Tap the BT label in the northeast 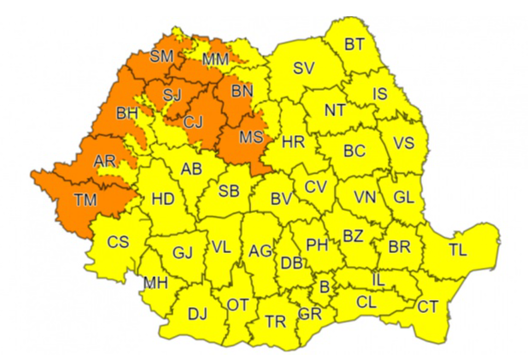point(354,45)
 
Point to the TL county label point(459,251)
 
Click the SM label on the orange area point(161,57)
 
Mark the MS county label point(250,137)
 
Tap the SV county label point(304,68)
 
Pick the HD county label point(163,199)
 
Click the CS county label point(118,242)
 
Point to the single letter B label point(325,287)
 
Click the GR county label point(309,315)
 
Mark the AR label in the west point(105,162)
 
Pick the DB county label point(291,263)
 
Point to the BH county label point(127,113)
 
